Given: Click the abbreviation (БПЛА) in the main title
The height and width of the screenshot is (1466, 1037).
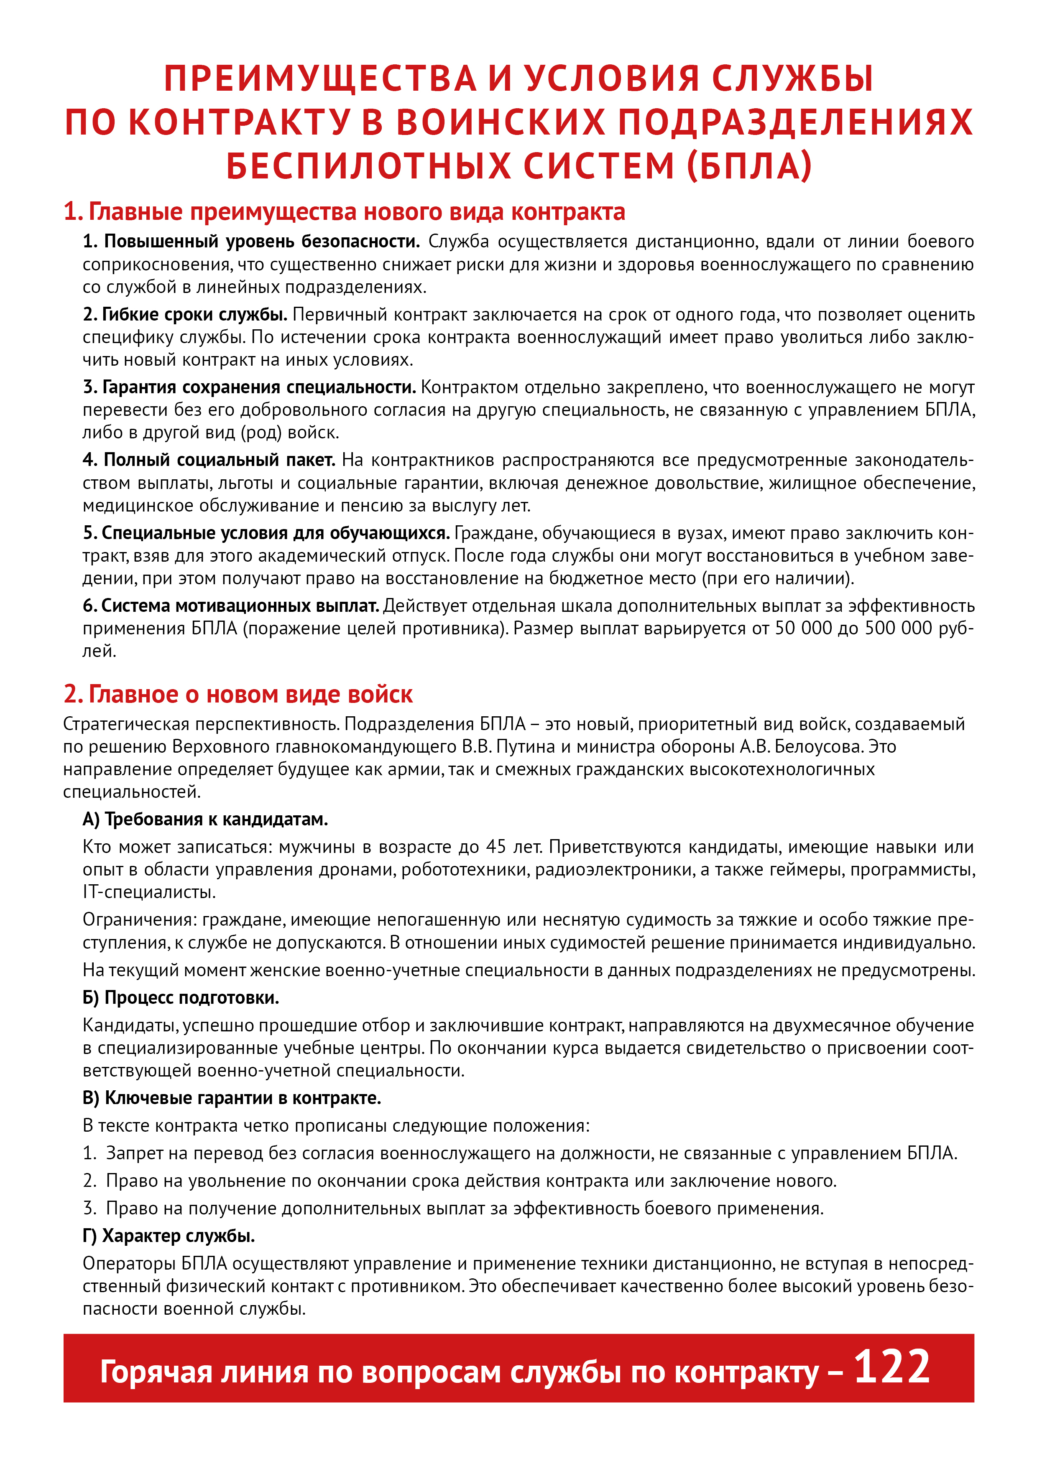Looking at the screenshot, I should (749, 166).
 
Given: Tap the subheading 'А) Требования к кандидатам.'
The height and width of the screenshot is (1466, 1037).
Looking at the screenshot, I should (204, 819).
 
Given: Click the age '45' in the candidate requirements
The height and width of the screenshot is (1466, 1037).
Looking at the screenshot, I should (496, 847).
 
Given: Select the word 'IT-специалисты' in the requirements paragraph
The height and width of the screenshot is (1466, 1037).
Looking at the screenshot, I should (149, 892).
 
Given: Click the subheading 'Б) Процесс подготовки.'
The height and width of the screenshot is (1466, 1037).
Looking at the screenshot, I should (180, 998).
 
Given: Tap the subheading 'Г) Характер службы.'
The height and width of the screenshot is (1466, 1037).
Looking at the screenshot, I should (169, 1235).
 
